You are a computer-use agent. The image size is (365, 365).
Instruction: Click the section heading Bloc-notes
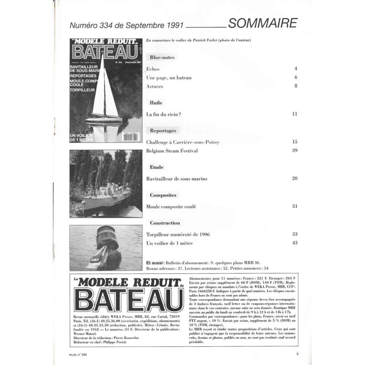tap(162, 57)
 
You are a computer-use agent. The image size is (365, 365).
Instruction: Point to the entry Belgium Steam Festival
tap(172, 151)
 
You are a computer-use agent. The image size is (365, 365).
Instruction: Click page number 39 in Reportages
tap(294, 151)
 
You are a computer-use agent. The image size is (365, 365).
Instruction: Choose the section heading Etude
tap(156, 167)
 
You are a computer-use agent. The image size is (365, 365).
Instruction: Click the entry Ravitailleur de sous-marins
tap(177, 178)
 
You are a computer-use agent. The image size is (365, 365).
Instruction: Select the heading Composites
tap(163, 195)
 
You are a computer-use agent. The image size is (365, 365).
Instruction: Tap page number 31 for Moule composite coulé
tap(294, 206)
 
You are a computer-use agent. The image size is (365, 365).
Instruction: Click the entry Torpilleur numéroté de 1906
tap(178, 234)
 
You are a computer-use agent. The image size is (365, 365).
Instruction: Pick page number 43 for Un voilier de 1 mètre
tap(294, 243)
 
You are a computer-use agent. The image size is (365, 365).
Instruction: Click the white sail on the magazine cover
tap(99, 91)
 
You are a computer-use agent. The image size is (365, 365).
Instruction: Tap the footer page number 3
tap(297, 354)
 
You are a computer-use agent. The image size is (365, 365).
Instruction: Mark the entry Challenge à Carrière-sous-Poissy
tap(182, 142)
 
